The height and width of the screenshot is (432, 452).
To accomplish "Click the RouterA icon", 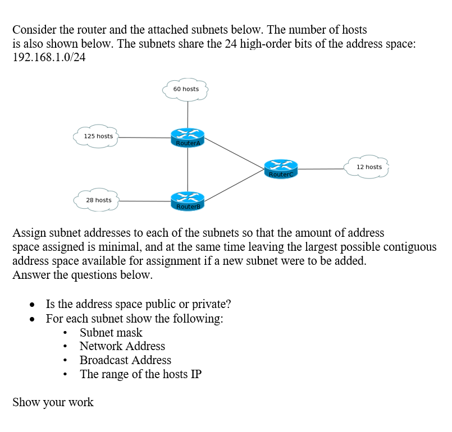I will click(188, 137).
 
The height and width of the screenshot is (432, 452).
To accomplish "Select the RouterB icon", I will click(188, 201).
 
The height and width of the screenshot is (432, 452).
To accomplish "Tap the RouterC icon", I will click(281, 168).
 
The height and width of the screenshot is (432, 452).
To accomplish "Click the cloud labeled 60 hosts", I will click(186, 89).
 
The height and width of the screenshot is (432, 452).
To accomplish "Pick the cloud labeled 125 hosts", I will click(97, 136).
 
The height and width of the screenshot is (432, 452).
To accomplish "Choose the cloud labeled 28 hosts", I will click(97, 200).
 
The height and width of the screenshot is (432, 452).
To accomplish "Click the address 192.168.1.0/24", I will click(49, 57).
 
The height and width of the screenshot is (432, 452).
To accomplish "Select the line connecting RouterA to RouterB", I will click(188, 169).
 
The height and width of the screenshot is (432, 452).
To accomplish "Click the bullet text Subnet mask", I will click(111, 333).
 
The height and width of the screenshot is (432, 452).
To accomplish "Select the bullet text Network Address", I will click(122, 346).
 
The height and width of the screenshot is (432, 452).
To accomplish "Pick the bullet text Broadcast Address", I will click(125, 360).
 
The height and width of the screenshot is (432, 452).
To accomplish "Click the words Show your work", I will click(53, 402).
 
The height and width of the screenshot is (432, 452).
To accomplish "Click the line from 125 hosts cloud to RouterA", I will click(145, 137).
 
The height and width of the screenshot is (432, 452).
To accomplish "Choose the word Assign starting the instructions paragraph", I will click(30, 232).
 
